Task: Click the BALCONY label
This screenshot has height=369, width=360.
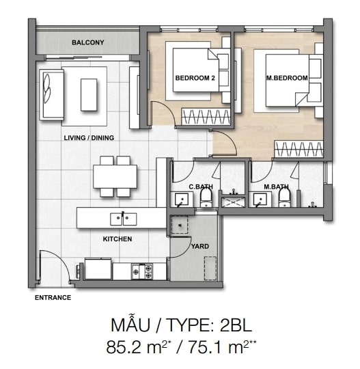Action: coord(87,42)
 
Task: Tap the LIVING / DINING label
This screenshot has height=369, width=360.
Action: coord(89,138)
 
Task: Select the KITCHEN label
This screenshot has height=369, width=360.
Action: coord(117,239)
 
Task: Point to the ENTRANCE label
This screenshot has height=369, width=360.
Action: coord(53,298)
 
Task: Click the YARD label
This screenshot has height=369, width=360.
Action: coord(200,247)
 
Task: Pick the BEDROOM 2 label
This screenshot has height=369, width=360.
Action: coord(195,78)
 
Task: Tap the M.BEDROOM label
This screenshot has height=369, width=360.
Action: coord(287,78)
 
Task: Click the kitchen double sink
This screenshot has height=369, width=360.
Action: coord(123,219)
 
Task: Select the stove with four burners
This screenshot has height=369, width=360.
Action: coord(142,271)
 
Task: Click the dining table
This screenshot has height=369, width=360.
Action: coord(115,176)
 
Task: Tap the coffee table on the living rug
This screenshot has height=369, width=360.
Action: coord(89,95)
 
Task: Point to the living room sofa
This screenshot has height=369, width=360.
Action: coord(51,95)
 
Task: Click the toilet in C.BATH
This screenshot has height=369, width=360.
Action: coord(206,198)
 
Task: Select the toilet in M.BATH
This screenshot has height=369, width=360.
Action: coord(285,198)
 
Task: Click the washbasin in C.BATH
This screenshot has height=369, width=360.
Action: coord(182,200)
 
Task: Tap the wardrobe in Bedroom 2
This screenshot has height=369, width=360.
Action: coord(206,117)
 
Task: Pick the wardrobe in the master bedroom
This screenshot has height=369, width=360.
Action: coord(299,149)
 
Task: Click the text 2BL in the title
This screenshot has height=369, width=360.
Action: coord(236,325)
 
